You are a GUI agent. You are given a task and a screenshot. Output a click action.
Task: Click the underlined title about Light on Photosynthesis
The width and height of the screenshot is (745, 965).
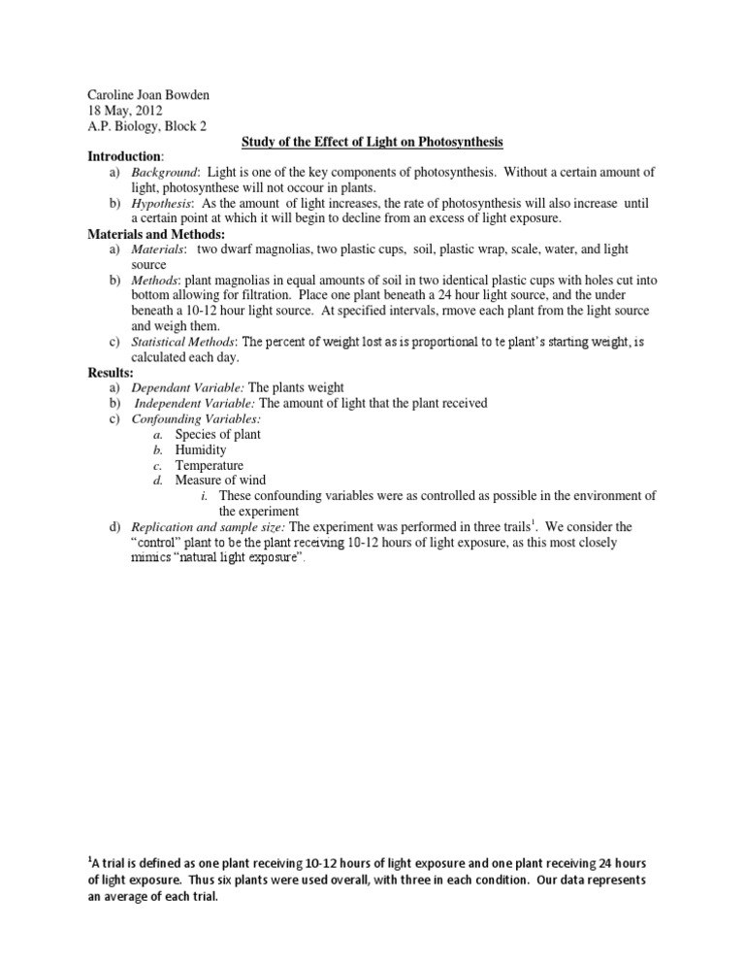coord(372,143)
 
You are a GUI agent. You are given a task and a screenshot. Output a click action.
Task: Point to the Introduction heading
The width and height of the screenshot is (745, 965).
coord(125,157)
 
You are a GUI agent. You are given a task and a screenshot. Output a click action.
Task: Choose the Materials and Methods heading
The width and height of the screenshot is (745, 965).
coord(156,234)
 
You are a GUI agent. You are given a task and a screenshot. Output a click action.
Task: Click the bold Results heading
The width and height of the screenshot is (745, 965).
coord(112,372)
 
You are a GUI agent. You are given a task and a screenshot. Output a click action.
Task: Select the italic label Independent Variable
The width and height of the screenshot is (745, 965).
coord(195,403)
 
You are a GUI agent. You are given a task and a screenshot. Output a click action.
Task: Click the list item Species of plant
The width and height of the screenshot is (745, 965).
coord(217,434)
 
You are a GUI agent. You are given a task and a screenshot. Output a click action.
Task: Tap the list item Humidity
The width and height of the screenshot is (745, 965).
coord(200,449)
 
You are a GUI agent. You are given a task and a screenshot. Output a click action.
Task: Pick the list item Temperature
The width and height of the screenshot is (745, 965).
coord(210,465)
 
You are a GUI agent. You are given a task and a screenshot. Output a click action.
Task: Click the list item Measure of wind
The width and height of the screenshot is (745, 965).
coord(220,481)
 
